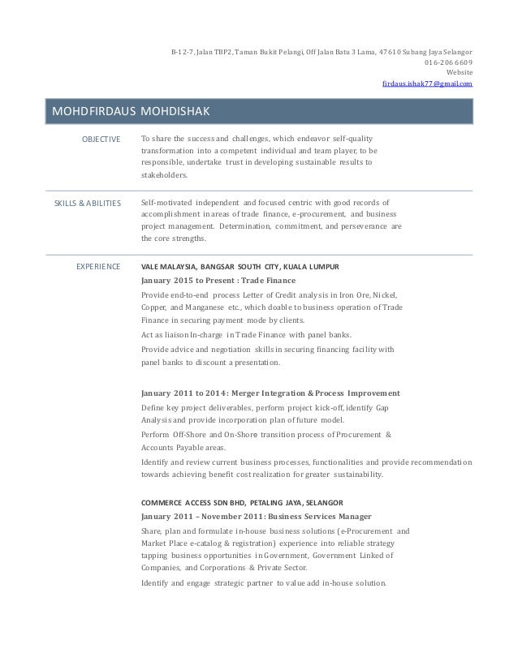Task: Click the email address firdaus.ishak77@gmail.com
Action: [429, 84]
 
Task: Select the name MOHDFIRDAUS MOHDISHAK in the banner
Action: [131, 111]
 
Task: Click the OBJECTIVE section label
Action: [101, 140]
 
